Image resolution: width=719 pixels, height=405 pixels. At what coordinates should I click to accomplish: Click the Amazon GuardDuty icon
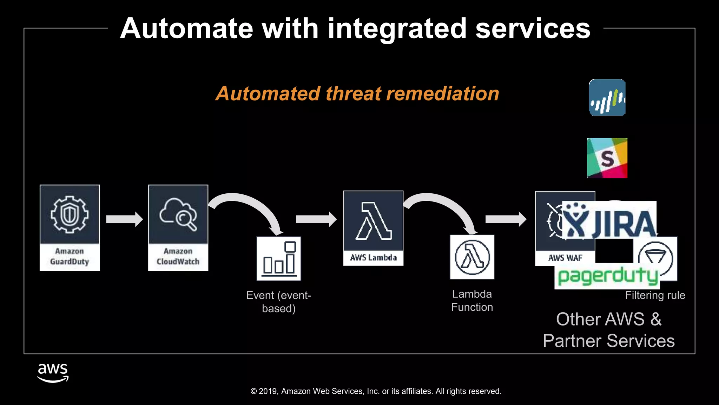[70, 227]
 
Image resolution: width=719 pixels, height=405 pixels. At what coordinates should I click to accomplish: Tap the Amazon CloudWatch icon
[178, 227]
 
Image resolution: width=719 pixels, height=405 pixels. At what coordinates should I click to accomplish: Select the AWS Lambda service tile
[373, 228]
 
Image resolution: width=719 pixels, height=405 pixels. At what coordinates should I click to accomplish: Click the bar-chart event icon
[279, 258]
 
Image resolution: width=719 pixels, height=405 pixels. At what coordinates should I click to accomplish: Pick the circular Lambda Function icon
[472, 257]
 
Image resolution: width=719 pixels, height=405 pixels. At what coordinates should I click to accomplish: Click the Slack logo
[607, 158]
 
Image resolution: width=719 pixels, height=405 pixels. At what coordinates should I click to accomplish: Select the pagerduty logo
[607, 277]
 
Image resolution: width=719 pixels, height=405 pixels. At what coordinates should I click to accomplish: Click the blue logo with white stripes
[607, 97]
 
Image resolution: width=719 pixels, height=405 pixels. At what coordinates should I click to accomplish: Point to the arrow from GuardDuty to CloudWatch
[124, 219]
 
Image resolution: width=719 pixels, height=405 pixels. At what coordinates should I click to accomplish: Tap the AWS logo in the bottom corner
[53, 373]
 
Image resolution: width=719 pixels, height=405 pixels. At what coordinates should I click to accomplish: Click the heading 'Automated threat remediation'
[357, 94]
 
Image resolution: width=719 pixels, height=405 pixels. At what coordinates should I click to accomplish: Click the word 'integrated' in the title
[397, 29]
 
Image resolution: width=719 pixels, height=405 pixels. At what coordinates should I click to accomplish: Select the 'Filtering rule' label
[655, 295]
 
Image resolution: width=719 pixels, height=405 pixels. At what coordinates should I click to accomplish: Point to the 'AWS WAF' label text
[565, 258]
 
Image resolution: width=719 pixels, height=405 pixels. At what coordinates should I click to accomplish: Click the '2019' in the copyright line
[268, 391]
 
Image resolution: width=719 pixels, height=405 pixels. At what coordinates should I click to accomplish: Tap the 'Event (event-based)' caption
[279, 302]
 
